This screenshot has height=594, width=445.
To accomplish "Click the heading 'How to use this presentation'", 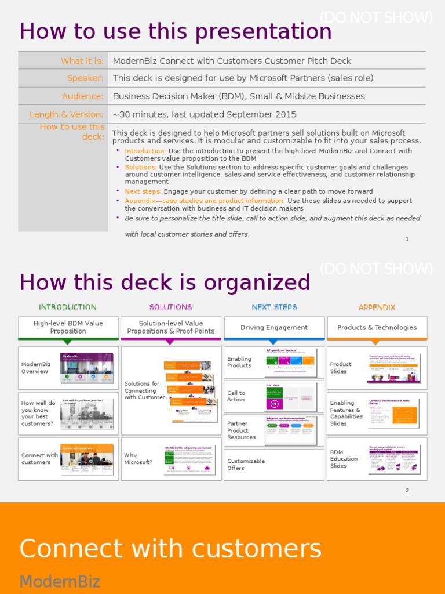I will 176,31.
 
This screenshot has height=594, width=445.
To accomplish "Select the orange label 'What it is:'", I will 82,61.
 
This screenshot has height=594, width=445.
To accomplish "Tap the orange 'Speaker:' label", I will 85,78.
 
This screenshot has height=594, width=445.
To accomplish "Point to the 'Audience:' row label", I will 83,96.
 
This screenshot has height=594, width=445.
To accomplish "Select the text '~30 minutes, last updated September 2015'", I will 205,114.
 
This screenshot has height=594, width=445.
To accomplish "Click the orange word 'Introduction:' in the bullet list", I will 145,151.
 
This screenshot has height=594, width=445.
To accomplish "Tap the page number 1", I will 407,239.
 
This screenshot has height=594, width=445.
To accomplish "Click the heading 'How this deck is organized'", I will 165,282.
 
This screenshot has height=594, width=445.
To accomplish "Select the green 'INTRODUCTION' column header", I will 68,307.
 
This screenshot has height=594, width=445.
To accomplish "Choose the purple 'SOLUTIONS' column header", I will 170,307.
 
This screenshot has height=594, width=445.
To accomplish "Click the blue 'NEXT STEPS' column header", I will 274,307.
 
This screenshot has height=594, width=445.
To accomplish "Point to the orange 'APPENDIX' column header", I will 377,307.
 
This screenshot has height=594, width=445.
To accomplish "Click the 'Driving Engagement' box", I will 274,328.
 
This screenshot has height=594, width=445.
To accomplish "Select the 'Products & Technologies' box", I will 377,328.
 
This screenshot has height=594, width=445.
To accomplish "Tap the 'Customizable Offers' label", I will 246,465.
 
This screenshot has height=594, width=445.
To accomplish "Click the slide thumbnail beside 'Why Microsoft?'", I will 189,459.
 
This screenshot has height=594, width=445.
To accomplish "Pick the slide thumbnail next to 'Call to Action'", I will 291,397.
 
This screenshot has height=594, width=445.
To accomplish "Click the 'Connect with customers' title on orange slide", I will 170,548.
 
